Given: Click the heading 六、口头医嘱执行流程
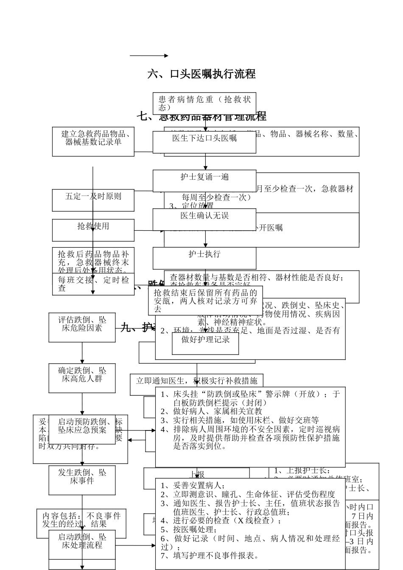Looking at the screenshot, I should coord(201,74).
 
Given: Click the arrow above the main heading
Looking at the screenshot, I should coord(149,56).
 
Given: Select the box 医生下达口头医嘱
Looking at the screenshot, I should coord(204,142).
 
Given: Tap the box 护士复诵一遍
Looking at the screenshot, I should coord(204,180).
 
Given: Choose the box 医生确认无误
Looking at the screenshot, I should coord(204,219).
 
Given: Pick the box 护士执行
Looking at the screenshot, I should coord(204,258).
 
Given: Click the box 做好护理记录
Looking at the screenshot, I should coord(205,343).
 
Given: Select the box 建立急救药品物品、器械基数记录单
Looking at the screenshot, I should coord(93,141).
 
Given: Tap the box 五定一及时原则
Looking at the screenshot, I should coord(93,200).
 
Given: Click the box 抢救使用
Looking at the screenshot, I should coord(93,230).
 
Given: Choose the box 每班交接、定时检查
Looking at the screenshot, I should coord(93,284).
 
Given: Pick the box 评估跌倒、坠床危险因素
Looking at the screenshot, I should coord(82,327).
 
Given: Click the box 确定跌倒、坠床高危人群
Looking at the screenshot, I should coord(82,378).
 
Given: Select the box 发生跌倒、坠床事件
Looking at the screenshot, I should coord(82,480).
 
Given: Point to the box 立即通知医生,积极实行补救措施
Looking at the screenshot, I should coord(196,381).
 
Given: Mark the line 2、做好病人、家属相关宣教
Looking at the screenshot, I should coord(212,411).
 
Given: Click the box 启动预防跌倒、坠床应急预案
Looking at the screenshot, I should coord(82,429).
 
